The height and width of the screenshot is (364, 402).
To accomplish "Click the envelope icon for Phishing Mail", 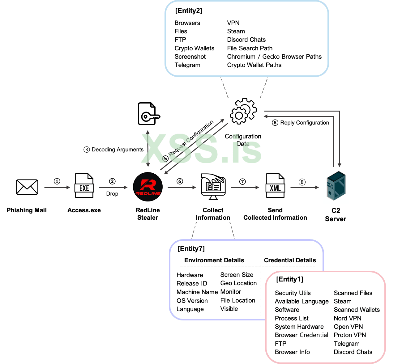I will [x=27, y=187].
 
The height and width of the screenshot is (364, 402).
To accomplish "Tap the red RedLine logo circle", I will [x=148, y=187].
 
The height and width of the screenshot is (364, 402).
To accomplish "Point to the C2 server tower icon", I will [x=336, y=187].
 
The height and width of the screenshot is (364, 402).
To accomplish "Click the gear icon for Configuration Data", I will [x=243, y=112].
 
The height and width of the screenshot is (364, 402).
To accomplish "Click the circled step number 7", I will [x=242, y=182].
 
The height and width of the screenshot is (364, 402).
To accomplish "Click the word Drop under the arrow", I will [x=112, y=194].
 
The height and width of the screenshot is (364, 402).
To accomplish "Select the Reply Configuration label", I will [x=304, y=123].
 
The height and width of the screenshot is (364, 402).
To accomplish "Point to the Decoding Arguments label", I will [x=118, y=150].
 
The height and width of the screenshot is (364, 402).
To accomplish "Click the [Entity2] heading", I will [x=189, y=11].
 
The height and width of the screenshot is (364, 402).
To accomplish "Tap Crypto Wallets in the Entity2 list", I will [x=194, y=48].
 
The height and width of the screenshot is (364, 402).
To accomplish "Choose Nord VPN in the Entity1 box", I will [x=348, y=318].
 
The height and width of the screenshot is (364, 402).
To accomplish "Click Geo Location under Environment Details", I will [x=238, y=283].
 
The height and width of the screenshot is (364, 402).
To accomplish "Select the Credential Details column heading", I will [x=290, y=260].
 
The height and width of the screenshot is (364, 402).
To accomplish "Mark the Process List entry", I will [x=292, y=318].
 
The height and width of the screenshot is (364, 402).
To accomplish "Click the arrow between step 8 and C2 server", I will [x=305, y=187].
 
